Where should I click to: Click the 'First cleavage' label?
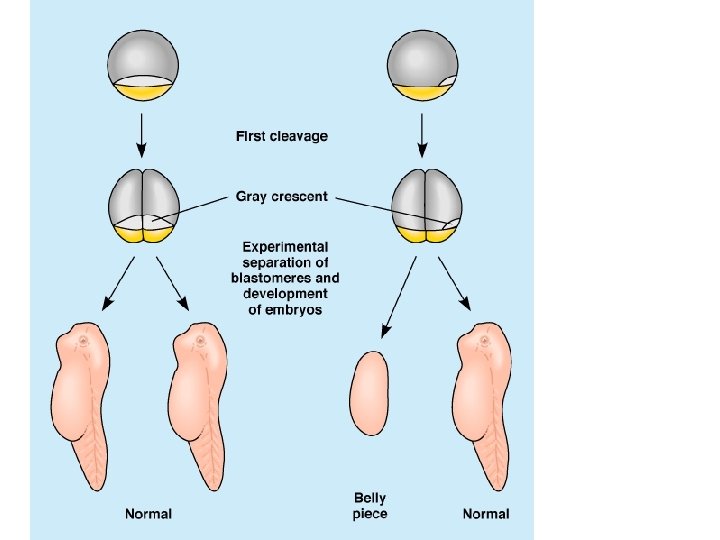(281, 136)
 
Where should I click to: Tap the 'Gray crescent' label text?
(281, 196)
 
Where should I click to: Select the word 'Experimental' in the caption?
(286, 246)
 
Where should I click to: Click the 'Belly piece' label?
(370, 505)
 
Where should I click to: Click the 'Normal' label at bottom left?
(148, 514)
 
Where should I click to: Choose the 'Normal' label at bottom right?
(485, 514)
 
